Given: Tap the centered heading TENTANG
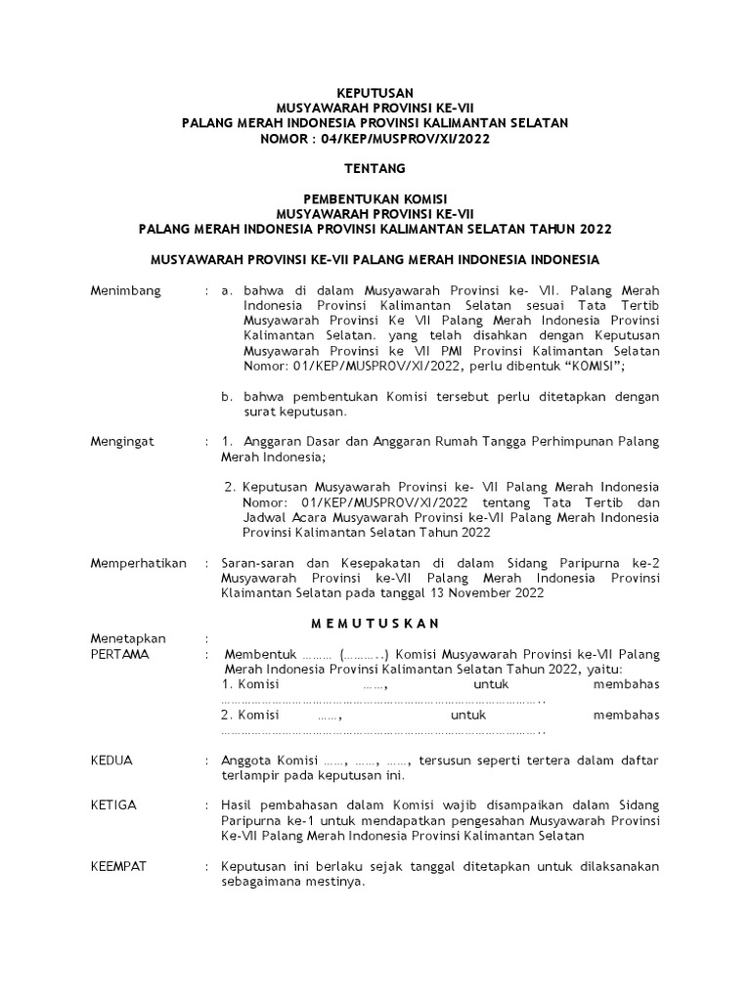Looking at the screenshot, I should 375,168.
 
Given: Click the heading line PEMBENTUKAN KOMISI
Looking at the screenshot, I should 375,198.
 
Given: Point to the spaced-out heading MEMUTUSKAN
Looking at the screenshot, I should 375,624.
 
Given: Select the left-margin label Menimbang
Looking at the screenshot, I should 126,291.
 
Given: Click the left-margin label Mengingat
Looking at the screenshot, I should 123,442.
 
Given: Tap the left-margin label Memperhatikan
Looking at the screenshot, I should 138,563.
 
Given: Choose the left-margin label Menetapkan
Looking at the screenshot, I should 128,639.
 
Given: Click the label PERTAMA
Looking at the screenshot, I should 119,654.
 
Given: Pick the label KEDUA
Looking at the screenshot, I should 111,760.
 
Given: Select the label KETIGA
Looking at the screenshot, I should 113,805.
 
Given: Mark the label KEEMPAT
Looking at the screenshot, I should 118,866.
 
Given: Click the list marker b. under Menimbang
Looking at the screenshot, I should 226,396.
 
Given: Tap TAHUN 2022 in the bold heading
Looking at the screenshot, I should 575,229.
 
